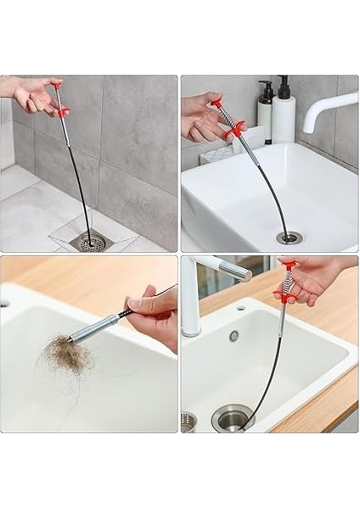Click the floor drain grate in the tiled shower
point(92,243)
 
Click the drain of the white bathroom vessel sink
point(289,238)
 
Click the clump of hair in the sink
point(65,356)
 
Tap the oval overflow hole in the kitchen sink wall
point(233,336)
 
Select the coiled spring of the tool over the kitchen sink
point(287,284)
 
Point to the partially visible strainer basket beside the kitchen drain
point(188,422)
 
